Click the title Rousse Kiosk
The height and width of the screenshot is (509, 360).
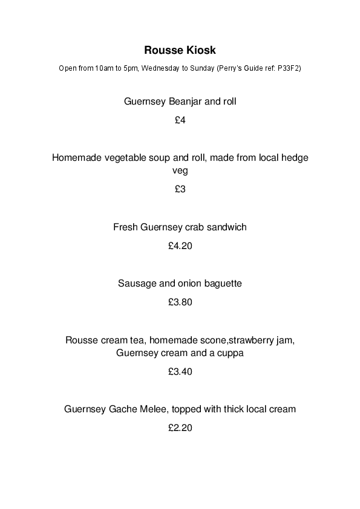[180, 49]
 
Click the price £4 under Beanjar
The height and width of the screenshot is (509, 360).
[180, 120]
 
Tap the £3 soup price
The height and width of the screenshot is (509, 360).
[180, 189]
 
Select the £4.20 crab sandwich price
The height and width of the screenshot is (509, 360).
[180, 246]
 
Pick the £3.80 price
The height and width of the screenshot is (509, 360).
[180, 302]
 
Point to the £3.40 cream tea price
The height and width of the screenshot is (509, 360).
[180, 372]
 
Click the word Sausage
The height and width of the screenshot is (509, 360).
[137, 283]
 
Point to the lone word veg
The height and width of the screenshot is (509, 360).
[180, 170]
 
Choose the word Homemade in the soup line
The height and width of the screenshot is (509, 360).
[75, 158]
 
